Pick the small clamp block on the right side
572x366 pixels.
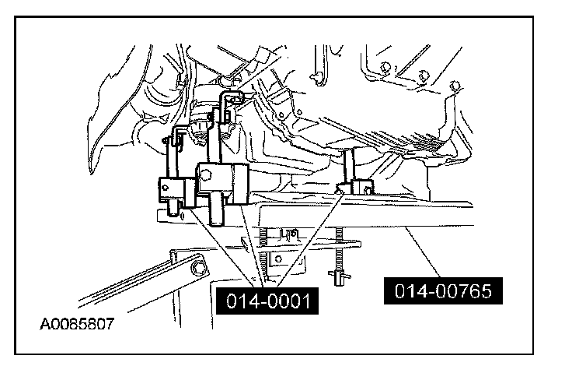click(x=362, y=188)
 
